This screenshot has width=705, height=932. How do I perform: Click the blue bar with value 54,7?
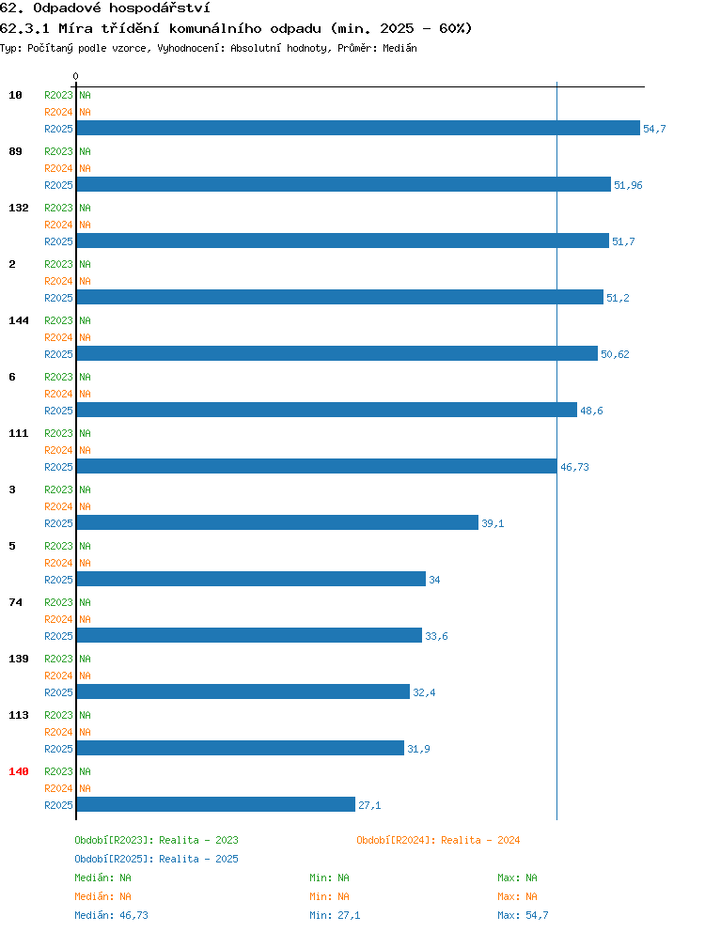[358, 128]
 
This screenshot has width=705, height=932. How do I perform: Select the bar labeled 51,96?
[344, 184]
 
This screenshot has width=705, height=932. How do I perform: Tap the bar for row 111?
[317, 466]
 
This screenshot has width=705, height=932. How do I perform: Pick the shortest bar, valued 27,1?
[216, 804]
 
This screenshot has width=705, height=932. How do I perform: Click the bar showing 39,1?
[277, 522]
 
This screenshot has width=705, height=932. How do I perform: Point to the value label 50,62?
[615, 354]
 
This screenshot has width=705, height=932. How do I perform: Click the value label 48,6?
[591, 411]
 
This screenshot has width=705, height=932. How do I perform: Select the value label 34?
[434, 580]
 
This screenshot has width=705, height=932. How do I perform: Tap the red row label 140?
[19, 771]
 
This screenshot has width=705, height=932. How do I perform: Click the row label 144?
[19, 320]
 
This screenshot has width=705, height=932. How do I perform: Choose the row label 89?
[15, 151]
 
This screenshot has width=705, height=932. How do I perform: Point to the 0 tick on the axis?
[75, 76]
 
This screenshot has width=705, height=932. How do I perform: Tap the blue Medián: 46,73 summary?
[111, 915]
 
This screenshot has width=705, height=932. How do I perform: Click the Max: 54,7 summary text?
[523, 915]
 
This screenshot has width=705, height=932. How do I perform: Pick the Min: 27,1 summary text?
[335, 915]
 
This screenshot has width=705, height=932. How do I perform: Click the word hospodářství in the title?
[160, 8]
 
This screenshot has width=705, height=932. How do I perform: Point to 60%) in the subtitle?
[456, 28]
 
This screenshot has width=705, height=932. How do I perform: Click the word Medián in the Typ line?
[399, 48]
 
